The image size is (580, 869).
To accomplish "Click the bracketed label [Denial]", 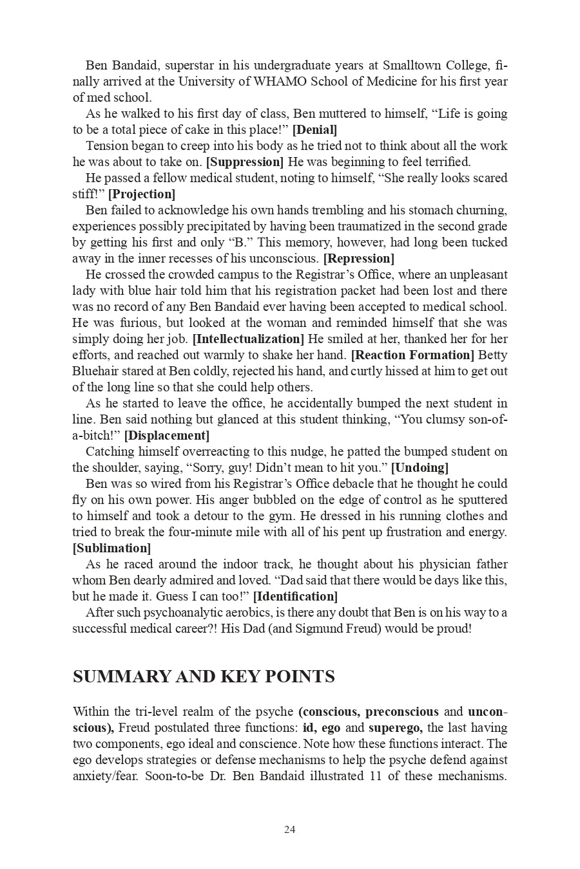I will [314, 129].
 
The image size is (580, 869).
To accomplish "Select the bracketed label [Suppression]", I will [245, 162].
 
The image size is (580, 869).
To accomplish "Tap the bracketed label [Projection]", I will [141, 194].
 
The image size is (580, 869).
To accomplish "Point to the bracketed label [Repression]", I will [358, 258].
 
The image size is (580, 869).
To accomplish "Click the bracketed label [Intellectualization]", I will [248, 339].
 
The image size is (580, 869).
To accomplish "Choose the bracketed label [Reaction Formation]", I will [412, 355].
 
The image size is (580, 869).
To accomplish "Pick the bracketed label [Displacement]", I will [166, 435].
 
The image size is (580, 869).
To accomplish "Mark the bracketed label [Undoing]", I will [420, 467].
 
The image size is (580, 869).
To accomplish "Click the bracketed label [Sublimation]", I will [111, 548].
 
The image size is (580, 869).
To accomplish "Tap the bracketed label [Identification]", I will [295, 596].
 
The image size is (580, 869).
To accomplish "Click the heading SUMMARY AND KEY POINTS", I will [204, 677].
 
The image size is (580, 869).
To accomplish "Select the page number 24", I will [289, 830].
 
